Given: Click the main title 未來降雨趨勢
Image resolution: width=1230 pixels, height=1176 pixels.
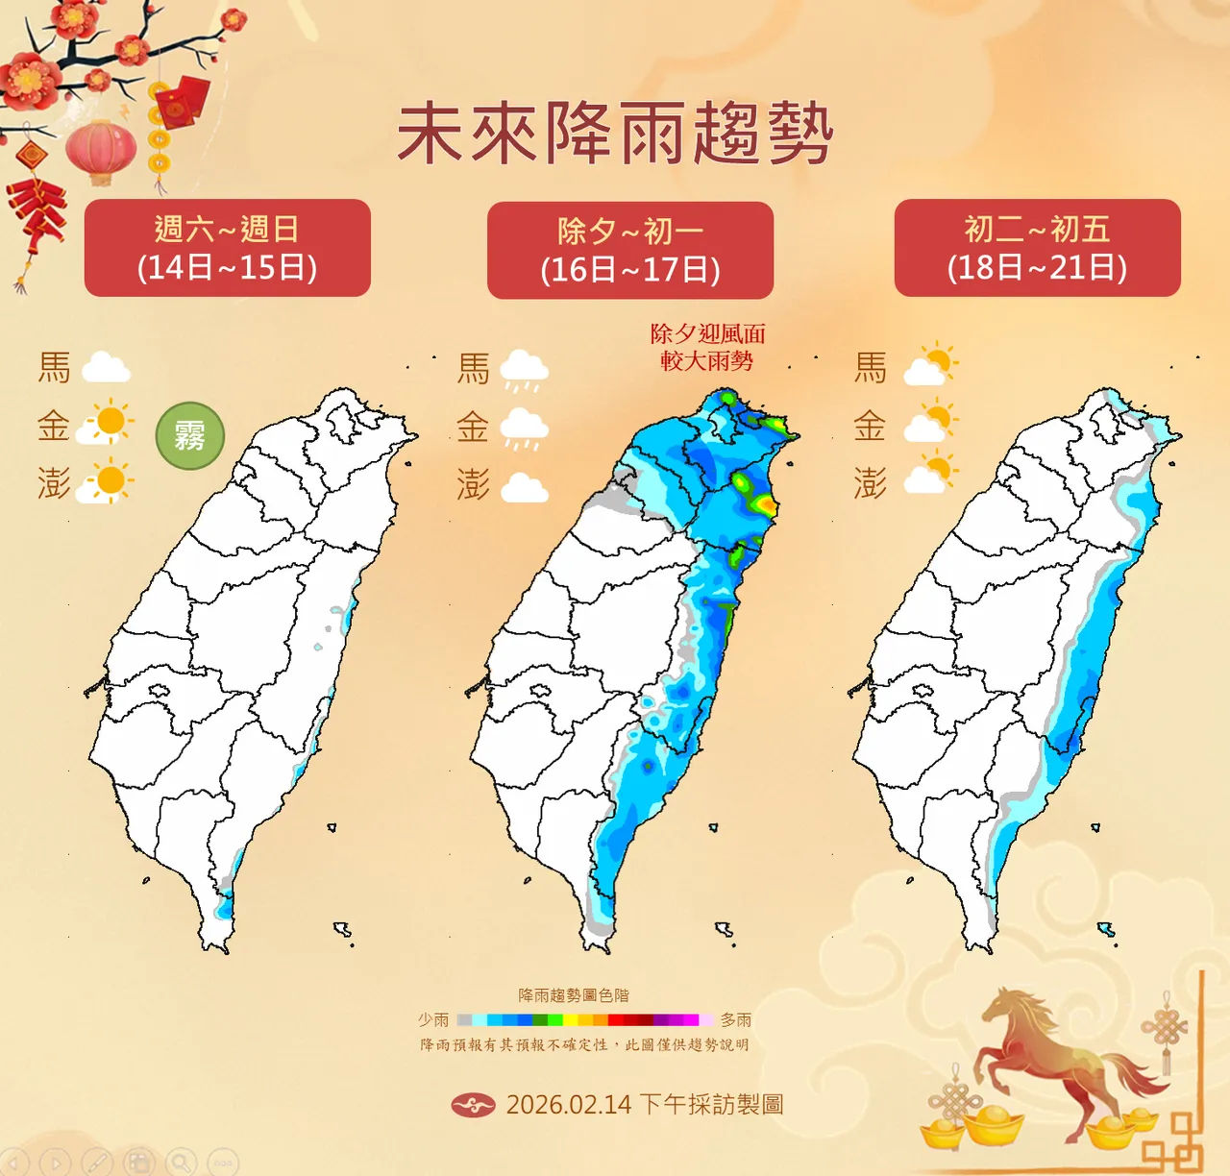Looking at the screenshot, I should (x=615, y=134).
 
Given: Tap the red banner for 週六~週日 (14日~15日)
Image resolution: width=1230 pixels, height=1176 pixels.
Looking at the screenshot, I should (x=228, y=248).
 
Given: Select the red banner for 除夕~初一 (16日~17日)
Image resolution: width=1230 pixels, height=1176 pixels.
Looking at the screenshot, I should (x=630, y=250).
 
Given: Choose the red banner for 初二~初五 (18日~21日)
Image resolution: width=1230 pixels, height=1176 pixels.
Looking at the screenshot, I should (x=1037, y=248).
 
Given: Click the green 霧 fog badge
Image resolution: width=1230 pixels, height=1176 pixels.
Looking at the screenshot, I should (x=190, y=436).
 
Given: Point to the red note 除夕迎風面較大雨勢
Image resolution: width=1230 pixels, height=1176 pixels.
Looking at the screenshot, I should (x=707, y=347).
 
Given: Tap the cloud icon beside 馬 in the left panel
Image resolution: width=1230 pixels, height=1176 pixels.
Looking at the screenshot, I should (x=106, y=368).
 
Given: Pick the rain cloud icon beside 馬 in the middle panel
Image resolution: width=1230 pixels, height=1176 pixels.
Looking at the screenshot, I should (x=524, y=370).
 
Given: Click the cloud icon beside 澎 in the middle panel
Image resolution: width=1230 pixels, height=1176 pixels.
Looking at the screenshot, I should (x=524, y=487).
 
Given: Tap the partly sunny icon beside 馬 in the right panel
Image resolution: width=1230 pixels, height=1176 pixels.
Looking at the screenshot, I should (x=930, y=365).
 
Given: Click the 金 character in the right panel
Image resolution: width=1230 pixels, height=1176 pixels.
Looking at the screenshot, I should (x=870, y=426).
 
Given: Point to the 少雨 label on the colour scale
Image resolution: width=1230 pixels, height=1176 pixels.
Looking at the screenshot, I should (x=433, y=1019).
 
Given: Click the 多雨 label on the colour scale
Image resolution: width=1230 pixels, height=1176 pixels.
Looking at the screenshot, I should (x=736, y=1019).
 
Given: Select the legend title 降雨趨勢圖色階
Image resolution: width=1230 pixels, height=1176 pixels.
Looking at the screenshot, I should (x=574, y=995).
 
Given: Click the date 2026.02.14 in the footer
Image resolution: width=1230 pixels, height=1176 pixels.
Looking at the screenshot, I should (x=569, y=1105).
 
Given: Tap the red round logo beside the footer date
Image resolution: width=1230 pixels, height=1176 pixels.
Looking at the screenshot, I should (x=473, y=1106).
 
